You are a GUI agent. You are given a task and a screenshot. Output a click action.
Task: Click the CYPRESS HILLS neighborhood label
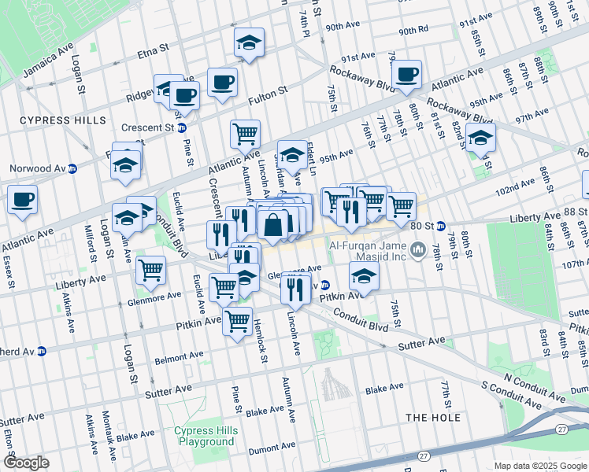[x=62, y=120]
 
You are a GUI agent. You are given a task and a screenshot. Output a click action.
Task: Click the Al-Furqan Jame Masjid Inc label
[x=373, y=251]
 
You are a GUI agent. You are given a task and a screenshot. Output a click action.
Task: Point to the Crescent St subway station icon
[x=181, y=127]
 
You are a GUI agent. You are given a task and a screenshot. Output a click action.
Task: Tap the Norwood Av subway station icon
[x=72, y=168]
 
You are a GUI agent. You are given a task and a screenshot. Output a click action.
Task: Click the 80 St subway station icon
[x=441, y=227]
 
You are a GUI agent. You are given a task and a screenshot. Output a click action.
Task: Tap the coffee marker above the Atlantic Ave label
[x=406, y=75]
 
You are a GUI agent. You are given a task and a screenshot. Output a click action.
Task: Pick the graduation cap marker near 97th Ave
[x=480, y=138]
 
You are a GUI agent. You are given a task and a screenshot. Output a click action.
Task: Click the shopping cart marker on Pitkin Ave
[x=237, y=320]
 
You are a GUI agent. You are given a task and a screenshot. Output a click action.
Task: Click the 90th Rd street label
[x=413, y=31]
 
